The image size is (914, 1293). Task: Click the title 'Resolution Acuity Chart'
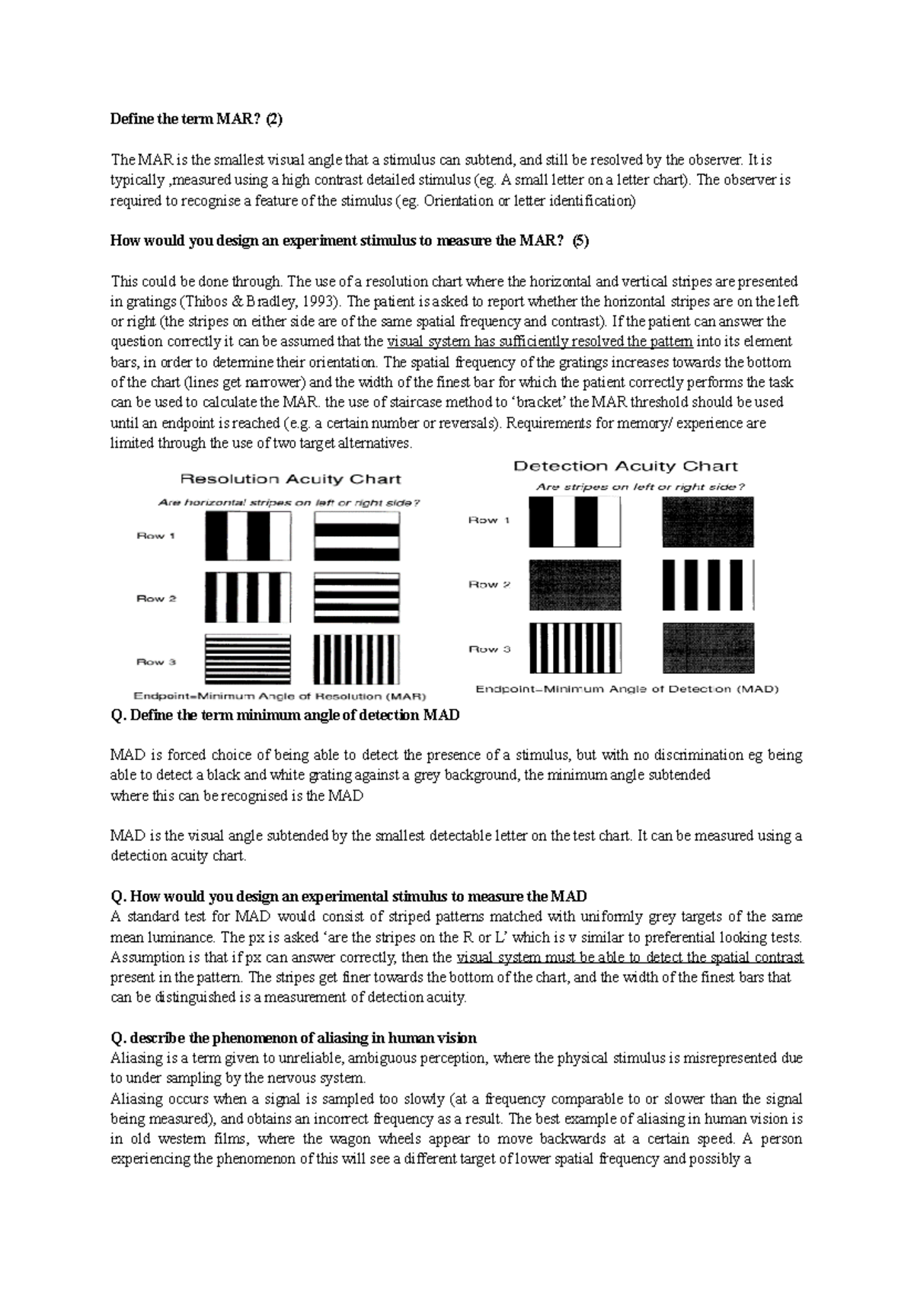290,479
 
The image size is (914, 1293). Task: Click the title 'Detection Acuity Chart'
625,466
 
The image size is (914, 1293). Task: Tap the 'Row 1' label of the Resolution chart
155,535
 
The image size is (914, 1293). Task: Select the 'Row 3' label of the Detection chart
488,649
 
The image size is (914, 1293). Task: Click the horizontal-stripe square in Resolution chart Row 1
356,536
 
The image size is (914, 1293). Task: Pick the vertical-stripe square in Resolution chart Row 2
248,599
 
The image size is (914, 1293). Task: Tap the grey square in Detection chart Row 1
708,522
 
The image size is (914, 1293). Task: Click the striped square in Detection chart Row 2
708,586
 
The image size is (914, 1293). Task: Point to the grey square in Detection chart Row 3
708,649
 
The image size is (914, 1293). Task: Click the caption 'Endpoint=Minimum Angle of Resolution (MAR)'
280,696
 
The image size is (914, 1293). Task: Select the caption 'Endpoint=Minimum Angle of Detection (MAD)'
627,689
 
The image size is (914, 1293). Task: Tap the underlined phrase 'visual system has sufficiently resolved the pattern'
540,342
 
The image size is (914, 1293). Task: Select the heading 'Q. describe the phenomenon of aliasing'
293,1038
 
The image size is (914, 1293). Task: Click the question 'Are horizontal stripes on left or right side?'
289,503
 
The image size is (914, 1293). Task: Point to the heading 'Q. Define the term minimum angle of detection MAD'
285,715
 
